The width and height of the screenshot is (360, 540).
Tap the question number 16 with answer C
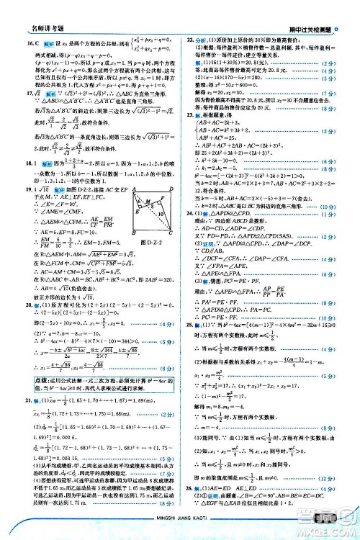[x=12, y=44]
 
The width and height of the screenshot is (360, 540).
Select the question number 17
[x=9, y=94]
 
